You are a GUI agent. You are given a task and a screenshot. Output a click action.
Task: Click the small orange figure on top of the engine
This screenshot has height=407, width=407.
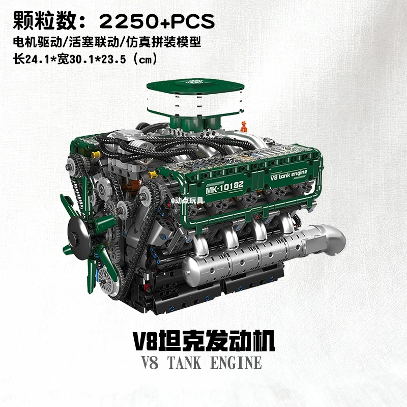(x=244, y=124)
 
